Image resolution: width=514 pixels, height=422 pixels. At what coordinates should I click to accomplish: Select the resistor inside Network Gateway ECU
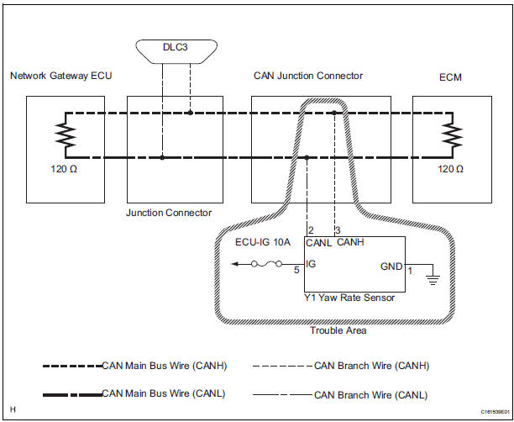[x=60, y=135]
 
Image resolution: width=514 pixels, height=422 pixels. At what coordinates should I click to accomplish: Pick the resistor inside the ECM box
[x=454, y=135]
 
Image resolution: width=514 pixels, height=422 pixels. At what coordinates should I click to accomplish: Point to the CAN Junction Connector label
[x=308, y=76]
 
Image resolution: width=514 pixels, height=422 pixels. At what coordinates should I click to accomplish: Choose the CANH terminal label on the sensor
[x=350, y=244]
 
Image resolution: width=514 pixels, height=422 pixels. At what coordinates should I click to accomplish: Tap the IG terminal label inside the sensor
[x=312, y=265]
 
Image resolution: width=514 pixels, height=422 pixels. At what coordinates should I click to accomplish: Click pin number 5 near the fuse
[x=296, y=271]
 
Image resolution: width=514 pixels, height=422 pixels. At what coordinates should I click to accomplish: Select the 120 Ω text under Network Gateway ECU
[x=63, y=168]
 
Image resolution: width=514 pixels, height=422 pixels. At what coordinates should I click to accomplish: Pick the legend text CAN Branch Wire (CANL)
[x=370, y=393]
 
